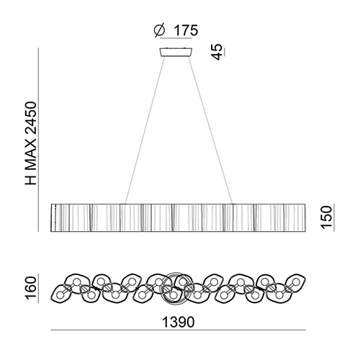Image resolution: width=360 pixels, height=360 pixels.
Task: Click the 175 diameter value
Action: [186, 30]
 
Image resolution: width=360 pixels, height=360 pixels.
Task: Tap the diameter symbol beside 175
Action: [160, 30]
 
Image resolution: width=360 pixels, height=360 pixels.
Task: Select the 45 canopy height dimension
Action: [217, 52]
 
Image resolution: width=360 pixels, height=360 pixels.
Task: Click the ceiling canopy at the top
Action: [176, 52]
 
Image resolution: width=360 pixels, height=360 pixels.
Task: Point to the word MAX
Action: [31, 156]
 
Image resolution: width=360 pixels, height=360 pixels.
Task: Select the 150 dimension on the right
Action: [327, 217]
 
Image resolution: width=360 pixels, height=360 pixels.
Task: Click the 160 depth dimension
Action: [31, 288]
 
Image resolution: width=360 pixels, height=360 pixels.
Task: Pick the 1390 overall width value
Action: [179, 322]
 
